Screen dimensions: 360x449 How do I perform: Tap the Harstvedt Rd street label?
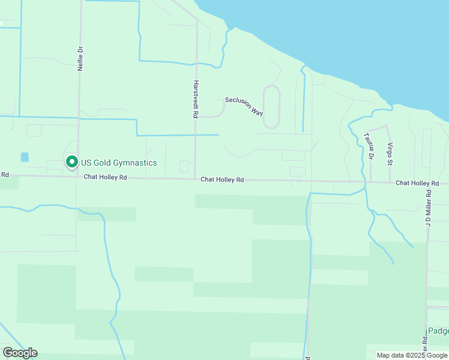(196, 99)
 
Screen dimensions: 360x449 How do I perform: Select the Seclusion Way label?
(244, 106)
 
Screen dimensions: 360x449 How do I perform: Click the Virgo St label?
(390, 154)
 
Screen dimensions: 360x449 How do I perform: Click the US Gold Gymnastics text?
(119, 163)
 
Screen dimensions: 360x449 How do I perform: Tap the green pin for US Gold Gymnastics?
(71, 162)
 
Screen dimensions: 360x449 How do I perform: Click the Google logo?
(20, 353)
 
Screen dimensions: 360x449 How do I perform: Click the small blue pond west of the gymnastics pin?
(25, 157)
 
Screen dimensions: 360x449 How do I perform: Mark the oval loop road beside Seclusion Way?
(272, 106)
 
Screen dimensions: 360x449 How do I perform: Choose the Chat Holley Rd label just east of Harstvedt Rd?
(222, 179)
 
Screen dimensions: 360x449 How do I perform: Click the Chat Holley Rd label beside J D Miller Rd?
(417, 182)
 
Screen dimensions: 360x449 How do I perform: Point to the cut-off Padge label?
(438, 331)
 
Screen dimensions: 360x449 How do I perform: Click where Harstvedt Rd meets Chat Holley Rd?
(196, 179)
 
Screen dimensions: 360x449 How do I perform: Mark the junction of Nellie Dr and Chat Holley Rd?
(76, 177)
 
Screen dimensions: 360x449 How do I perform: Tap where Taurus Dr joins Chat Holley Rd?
(370, 182)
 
